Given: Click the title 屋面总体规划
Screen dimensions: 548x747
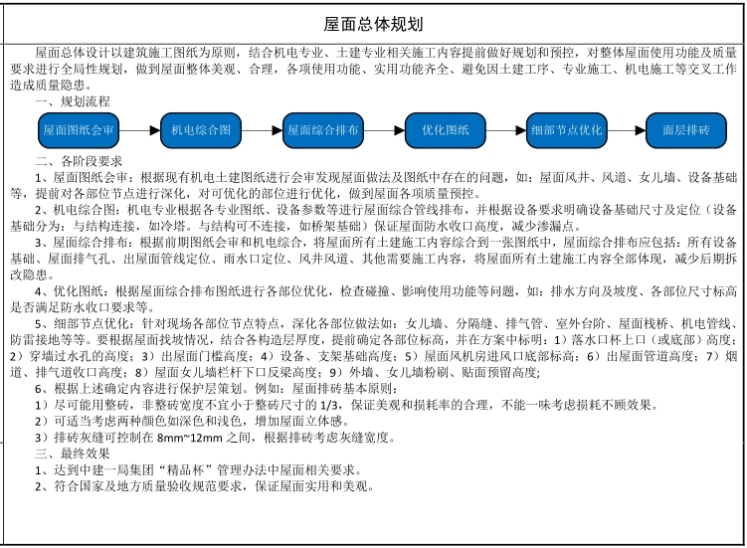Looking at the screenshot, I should [x=373, y=23].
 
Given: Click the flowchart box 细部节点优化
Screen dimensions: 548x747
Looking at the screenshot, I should [x=566, y=130].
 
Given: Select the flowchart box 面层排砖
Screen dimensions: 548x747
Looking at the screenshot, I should [x=686, y=130].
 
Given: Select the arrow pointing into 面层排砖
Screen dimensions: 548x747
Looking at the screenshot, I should [x=627, y=130].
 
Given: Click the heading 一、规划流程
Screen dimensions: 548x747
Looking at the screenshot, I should [x=73, y=102].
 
